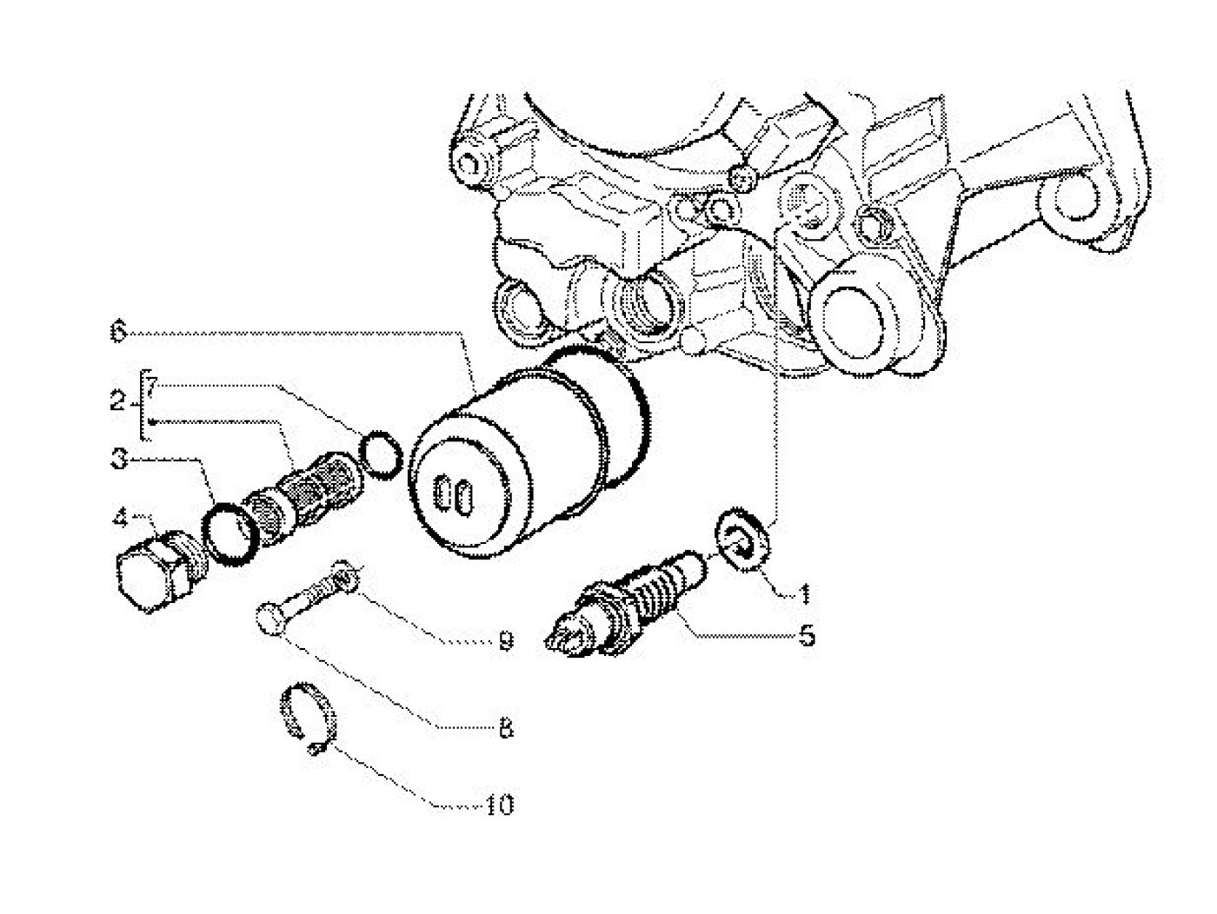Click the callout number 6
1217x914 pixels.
click(118, 332)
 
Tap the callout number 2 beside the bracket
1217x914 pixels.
click(117, 400)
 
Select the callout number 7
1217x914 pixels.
click(152, 383)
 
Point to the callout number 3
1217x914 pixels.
click(118, 460)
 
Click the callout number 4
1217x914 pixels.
click(120, 518)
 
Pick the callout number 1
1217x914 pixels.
click(804, 593)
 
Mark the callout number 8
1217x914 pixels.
click(505, 729)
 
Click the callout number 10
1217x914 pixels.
click(500, 805)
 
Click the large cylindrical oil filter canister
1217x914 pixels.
click(529, 452)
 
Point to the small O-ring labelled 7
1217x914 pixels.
click(381, 454)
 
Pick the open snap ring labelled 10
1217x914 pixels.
click(307, 716)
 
